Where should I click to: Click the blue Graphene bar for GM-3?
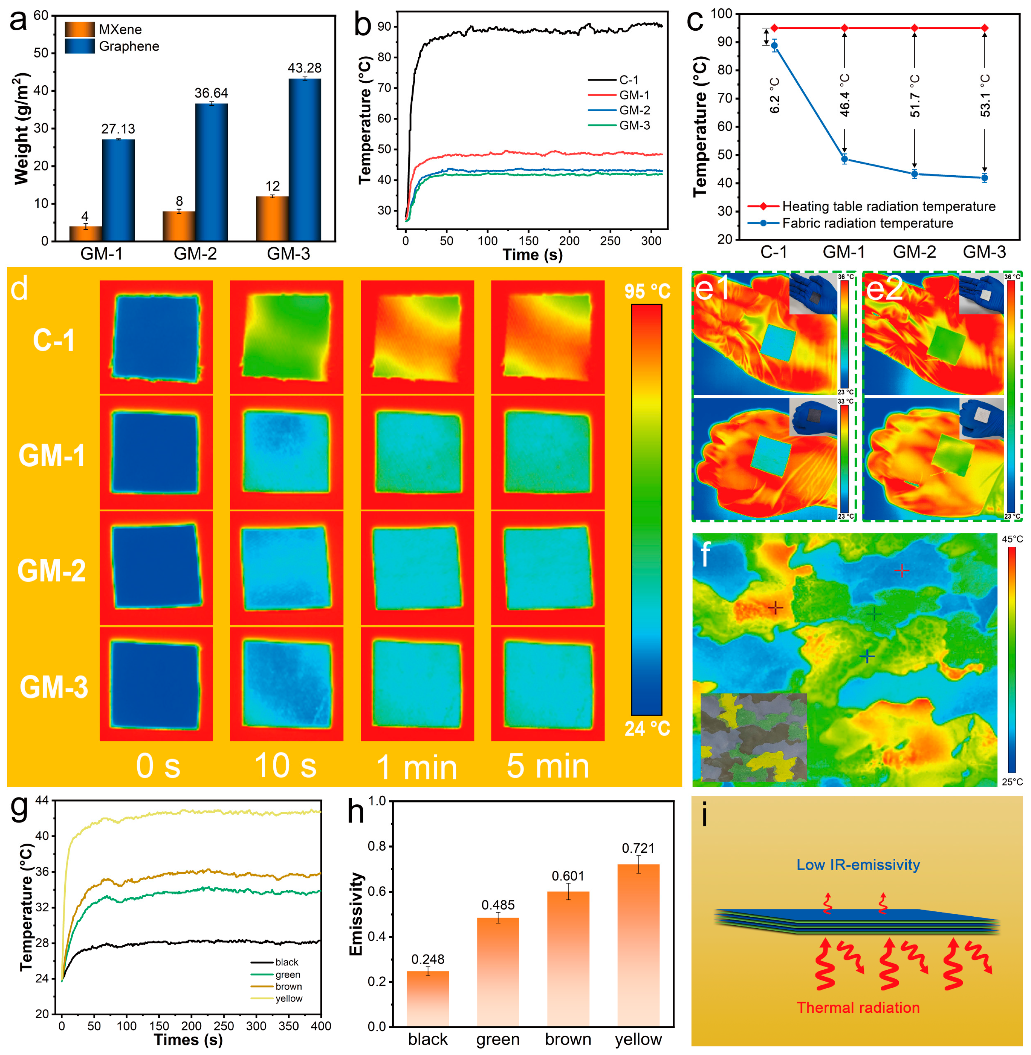coord(304,160)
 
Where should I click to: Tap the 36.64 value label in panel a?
coord(211,93)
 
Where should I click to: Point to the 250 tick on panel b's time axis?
coord(610,241)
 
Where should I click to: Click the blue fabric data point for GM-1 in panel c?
coord(844,159)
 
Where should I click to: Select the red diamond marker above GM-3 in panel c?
coord(984,27)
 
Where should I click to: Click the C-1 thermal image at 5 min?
coord(547,337)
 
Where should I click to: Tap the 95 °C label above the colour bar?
coord(647,291)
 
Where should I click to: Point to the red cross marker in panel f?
coord(902,570)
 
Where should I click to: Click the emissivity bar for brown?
coord(568,959)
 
